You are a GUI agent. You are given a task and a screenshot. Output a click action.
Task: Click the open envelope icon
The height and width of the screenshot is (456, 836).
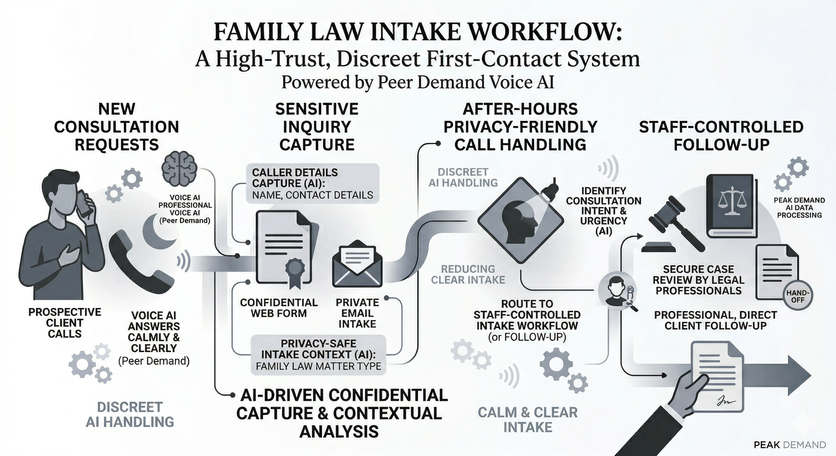click(357, 264)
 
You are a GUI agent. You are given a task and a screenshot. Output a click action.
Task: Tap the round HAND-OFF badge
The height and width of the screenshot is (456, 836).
click(798, 296)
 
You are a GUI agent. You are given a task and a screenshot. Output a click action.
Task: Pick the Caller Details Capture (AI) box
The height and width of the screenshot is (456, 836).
click(312, 184)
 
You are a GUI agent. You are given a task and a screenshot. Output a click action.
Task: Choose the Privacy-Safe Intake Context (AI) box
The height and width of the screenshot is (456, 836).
click(318, 355)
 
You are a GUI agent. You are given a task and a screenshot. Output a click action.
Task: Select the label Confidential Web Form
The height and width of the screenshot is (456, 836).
click(279, 308)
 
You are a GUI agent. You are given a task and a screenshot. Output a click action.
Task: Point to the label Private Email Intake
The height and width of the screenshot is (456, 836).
click(357, 313)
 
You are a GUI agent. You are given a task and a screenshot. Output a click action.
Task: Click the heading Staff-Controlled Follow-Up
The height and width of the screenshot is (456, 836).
click(721, 136)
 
